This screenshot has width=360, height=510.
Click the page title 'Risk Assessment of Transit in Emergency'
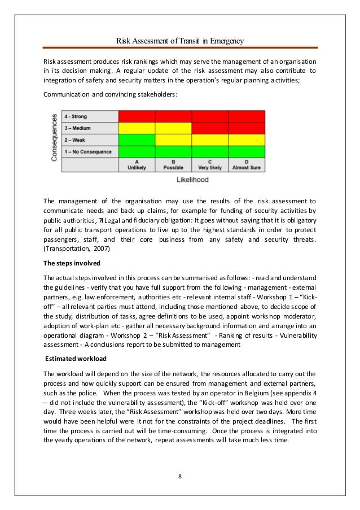pyautogui.click(x=179, y=40)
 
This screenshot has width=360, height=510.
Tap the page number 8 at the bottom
pyautogui.click(x=179, y=474)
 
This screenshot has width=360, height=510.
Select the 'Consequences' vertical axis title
pyautogui.click(x=55, y=138)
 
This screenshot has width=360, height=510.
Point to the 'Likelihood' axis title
pyautogui.click(x=192, y=180)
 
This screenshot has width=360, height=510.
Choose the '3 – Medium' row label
pyautogui.click(x=80, y=128)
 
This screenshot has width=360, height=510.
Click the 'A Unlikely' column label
pyautogui.click(x=137, y=165)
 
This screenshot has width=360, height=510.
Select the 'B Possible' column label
pyautogui.click(x=173, y=165)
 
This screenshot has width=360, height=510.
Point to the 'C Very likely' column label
pyautogui.click(x=210, y=165)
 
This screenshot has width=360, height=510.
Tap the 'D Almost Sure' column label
pyautogui.click(x=247, y=165)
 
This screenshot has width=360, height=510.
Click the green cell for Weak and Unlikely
pyautogui.click(x=137, y=140)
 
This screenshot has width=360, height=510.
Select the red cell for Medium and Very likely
pyautogui.click(x=210, y=128)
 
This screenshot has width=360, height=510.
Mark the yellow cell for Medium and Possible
pyautogui.click(x=173, y=128)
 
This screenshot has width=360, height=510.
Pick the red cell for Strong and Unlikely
pyautogui.click(x=137, y=117)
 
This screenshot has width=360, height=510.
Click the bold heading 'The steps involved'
pyautogui.click(x=68, y=263)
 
